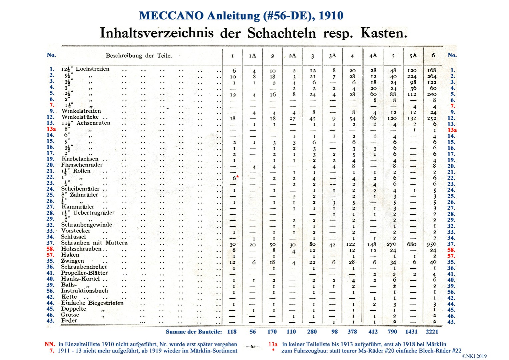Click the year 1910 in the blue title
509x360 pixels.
tap(331, 16)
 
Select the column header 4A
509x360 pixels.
tap(373, 56)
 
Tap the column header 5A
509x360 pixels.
tap(413, 56)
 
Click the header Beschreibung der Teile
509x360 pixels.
tap(139, 56)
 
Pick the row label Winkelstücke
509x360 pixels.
tap(80, 117)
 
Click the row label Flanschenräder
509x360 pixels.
tap(82, 165)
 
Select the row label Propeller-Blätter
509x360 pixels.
tap(84, 273)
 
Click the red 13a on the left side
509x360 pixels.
tap(51, 129)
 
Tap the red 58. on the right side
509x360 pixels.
tap(451, 250)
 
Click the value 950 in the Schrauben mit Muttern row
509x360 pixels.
tap(431, 244)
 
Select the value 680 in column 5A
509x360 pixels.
tap(412, 244)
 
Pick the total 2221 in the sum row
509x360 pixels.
tap(432, 332)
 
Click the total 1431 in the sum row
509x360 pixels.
tap(411, 332)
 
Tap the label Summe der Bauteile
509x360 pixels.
tap(194, 332)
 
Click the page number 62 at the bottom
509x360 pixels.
tap(253, 347)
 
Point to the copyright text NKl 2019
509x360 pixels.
tap(474, 356)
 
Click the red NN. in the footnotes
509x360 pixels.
tap(50, 344)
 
